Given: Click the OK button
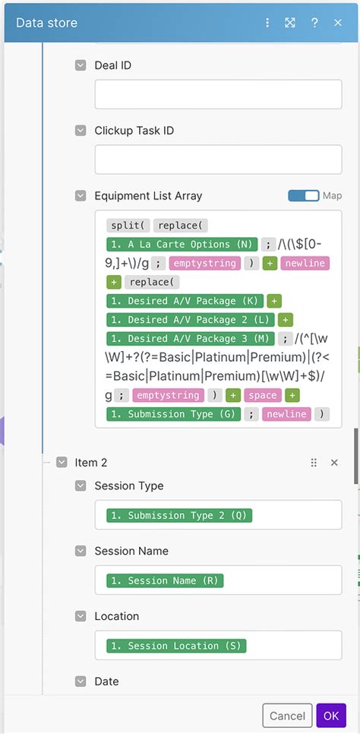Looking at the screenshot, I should click(x=331, y=716).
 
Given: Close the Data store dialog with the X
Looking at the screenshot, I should click(x=338, y=23).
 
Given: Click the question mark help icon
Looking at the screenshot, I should click(x=314, y=23).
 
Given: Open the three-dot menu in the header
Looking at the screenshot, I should click(x=267, y=23).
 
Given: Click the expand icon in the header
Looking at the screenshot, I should click(x=290, y=23).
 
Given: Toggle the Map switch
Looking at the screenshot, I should click(x=303, y=196).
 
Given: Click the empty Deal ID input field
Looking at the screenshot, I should click(x=218, y=94).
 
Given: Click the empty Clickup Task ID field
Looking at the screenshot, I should click(x=218, y=160).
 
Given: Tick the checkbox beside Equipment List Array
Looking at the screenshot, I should click(x=81, y=196).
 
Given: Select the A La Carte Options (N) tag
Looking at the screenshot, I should click(x=182, y=245).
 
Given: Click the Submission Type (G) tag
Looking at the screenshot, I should click(x=174, y=414).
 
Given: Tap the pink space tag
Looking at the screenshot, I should click(x=263, y=395).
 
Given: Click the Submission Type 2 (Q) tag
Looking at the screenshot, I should click(x=179, y=515).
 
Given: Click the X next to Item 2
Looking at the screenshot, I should click(x=334, y=462).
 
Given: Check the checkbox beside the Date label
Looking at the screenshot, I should click(x=81, y=682).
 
